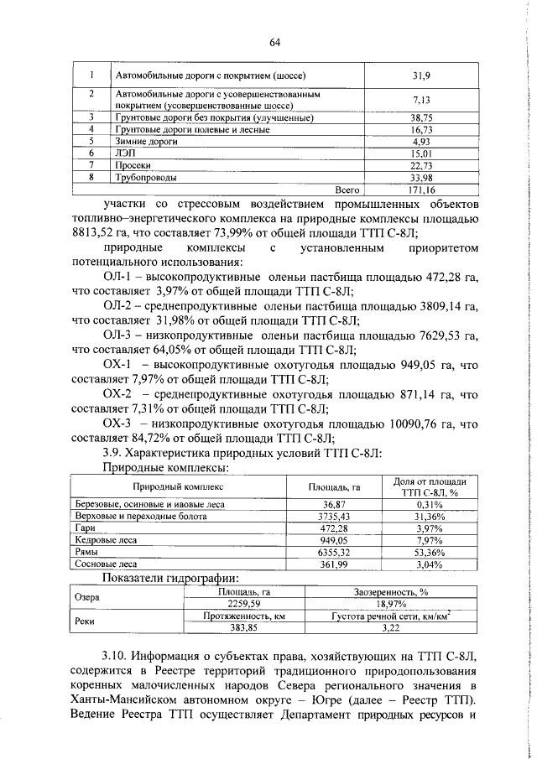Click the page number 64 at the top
pos(274,44)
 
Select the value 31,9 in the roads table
pos(420,75)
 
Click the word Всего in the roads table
pos(347,190)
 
